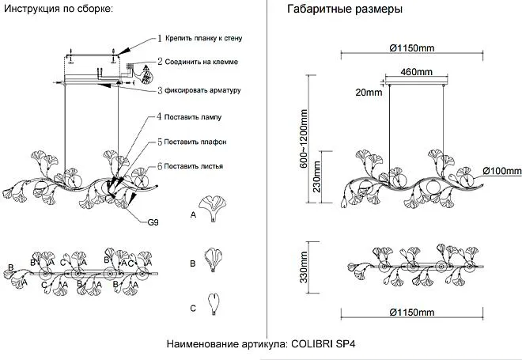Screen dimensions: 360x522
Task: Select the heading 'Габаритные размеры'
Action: [x=346, y=10]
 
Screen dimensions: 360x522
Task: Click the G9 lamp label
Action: [x=153, y=222]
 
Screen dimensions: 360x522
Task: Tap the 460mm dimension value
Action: [x=417, y=72]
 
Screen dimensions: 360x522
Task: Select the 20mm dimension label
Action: [x=369, y=92]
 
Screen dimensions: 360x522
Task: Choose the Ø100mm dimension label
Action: [x=502, y=171]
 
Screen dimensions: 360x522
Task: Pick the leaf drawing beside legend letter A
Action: [x=213, y=209]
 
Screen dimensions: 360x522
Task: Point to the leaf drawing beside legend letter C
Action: [x=214, y=303]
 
